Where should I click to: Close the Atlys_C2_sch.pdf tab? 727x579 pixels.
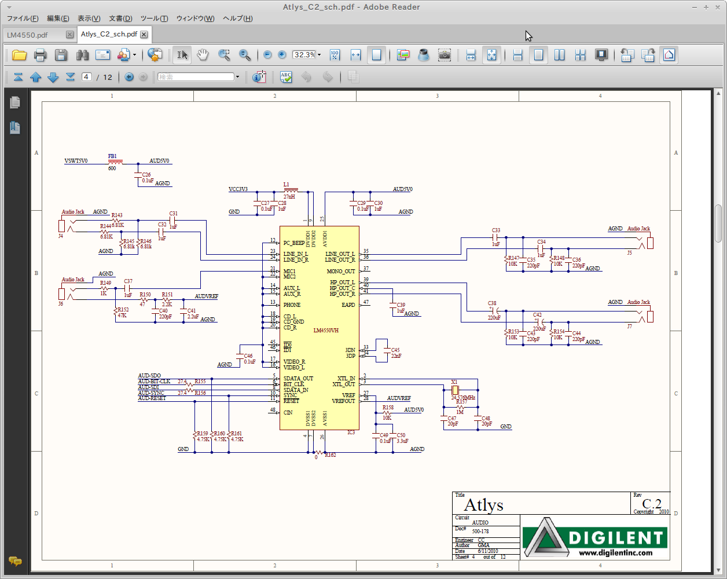[144, 34]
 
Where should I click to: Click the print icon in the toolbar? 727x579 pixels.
[40, 55]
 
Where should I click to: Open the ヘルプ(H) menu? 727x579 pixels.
[237, 19]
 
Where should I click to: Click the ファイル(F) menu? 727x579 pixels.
[23, 19]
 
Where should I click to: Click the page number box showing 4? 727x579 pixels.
[86, 77]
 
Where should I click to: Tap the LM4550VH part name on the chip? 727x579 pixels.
[326, 331]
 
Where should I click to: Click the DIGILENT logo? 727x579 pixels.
[594, 537]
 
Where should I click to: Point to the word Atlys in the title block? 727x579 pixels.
[483, 505]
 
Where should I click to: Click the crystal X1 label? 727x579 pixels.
[454, 382]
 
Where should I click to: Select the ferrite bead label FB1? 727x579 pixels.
[112, 156]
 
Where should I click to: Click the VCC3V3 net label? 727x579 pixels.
[238, 189]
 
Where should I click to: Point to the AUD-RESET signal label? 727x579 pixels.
[152, 398]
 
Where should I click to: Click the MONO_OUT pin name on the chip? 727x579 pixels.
[340, 272]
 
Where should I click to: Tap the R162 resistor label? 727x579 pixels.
[331, 455]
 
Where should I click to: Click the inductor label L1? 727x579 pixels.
[287, 185]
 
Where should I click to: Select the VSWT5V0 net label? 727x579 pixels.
[76, 161]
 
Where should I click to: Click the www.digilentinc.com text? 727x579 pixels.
[615, 552]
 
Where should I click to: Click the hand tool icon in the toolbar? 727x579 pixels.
[202, 55]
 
